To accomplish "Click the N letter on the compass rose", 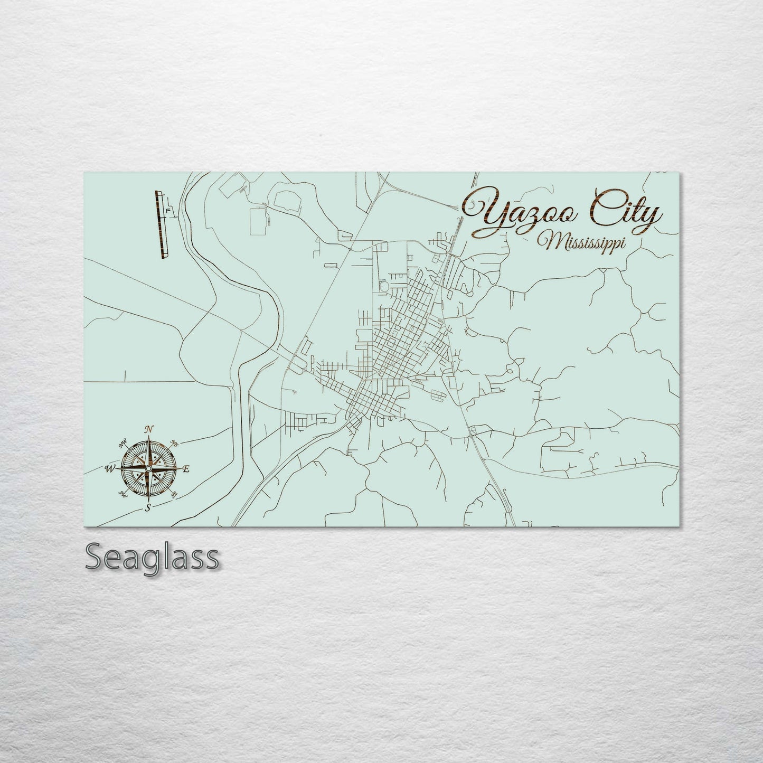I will point(149,430).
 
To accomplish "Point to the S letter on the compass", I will point(148,507).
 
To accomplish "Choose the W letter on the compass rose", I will point(111,468).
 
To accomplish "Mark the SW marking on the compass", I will point(124,494).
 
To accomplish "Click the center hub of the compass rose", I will point(148,469).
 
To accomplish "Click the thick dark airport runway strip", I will point(159,225).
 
